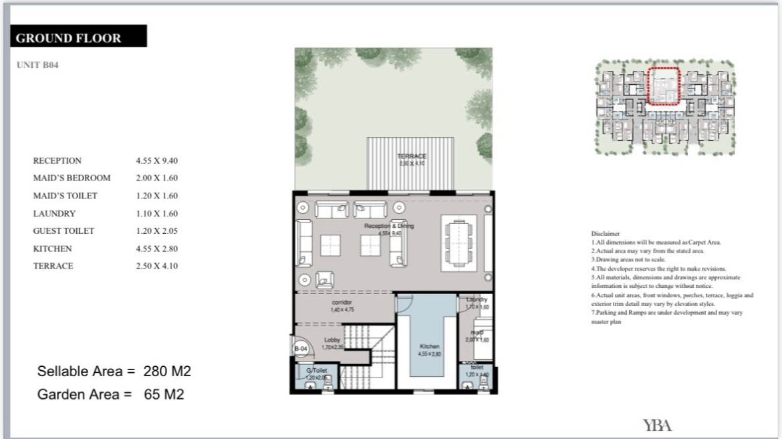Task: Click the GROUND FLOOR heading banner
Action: (79, 37)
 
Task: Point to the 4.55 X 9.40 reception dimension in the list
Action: (157, 161)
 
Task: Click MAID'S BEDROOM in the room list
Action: (72, 178)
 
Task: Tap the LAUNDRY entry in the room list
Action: (54, 214)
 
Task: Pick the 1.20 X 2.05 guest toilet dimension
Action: (157, 231)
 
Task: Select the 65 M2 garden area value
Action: (164, 395)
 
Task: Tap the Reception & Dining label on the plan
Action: (388, 227)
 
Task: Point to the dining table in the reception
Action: (459, 239)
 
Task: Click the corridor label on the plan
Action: (341, 303)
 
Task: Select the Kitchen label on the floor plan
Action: (429, 346)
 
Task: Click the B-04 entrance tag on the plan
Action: (300, 349)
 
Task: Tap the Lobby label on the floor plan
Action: (332, 340)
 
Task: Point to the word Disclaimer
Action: (606, 233)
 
